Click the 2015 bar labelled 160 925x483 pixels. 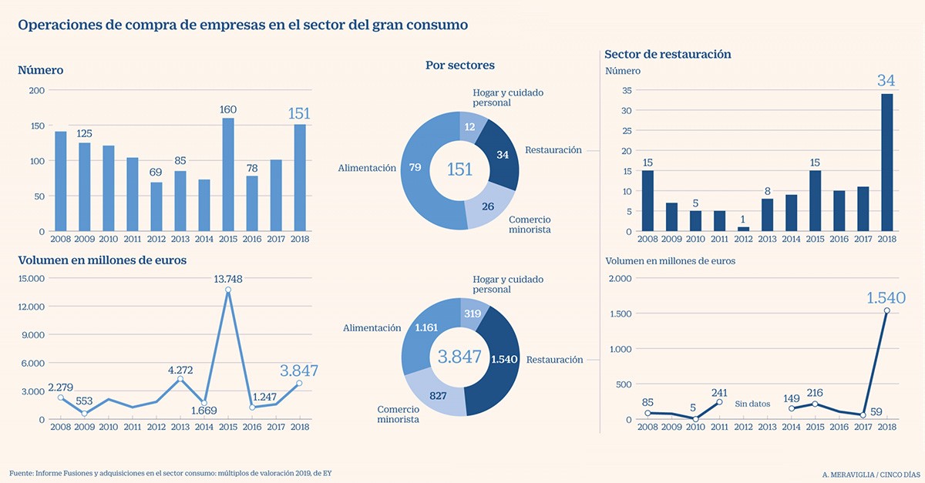[x=228, y=175]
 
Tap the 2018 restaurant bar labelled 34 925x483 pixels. [x=886, y=163]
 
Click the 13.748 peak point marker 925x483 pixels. [x=228, y=290]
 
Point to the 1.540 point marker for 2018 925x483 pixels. [x=887, y=310]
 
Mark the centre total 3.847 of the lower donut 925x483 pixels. [x=459, y=357]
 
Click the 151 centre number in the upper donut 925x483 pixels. [x=459, y=169]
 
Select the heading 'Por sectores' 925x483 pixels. [x=460, y=65]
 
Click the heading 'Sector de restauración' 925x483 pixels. [x=668, y=55]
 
